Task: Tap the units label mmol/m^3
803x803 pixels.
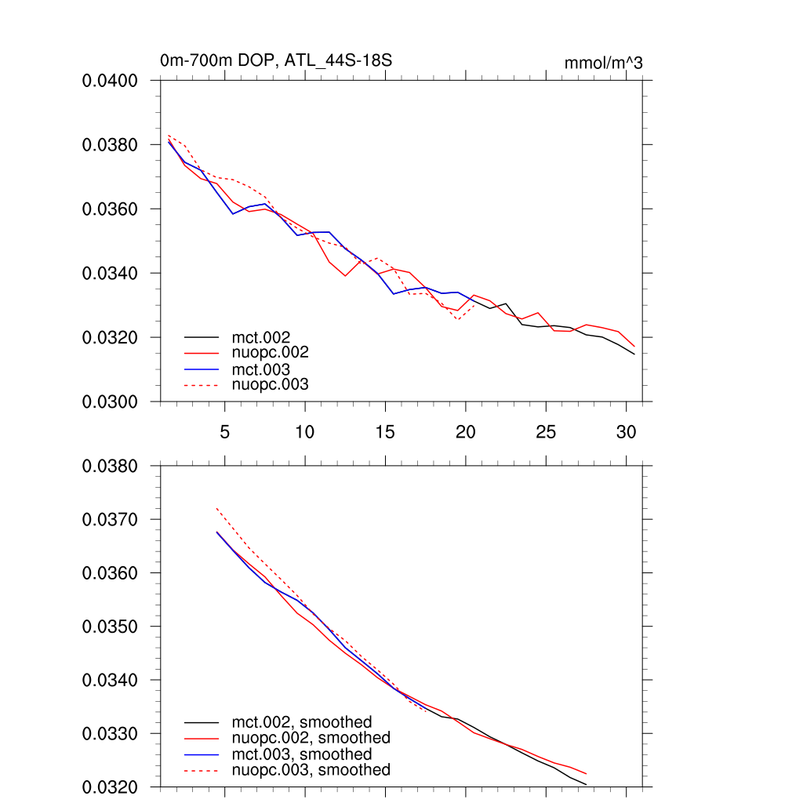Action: [x=603, y=63]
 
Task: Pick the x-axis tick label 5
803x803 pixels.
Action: [x=225, y=431]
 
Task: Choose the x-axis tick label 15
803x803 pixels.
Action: [x=385, y=431]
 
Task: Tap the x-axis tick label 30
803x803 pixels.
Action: [x=626, y=431]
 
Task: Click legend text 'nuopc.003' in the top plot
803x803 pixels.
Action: [x=270, y=384]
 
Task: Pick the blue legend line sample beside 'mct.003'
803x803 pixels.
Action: [x=201, y=369]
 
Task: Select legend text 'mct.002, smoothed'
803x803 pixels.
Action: [x=301, y=721]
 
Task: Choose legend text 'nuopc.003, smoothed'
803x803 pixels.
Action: [x=311, y=770]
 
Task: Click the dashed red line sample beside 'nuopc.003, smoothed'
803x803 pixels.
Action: [x=201, y=771]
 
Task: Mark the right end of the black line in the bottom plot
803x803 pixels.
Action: [x=586, y=784]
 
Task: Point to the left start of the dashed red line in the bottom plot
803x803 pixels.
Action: [x=216, y=508]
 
